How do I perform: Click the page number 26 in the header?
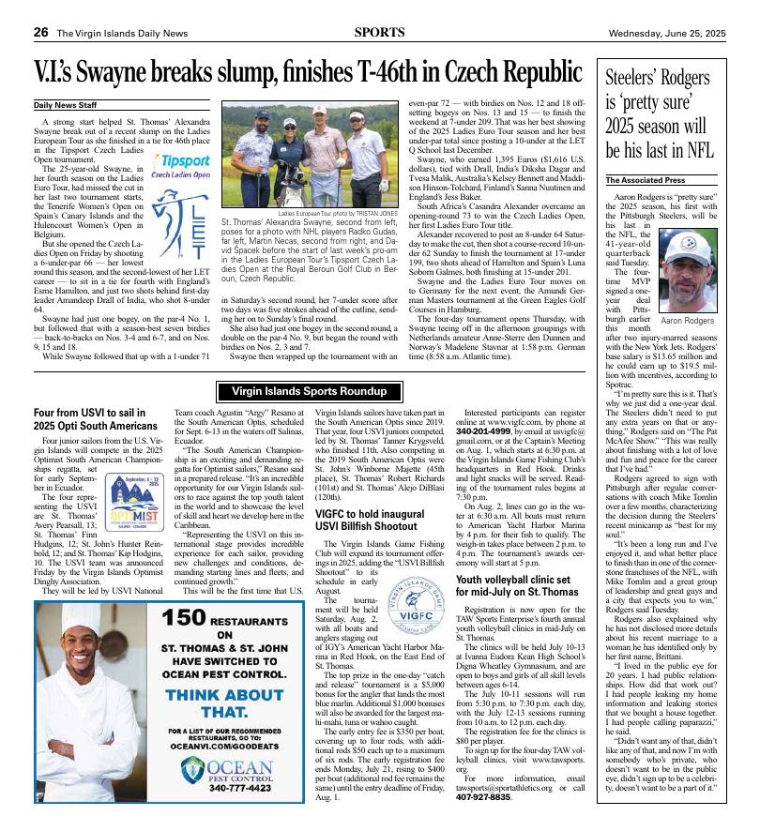pyautogui.click(x=40, y=32)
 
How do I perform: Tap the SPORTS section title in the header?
pyautogui.click(x=379, y=32)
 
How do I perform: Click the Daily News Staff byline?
pyautogui.click(x=65, y=105)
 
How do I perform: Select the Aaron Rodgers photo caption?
pyautogui.click(x=688, y=321)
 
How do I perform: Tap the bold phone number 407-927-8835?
pyautogui.click(x=483, y=797)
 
